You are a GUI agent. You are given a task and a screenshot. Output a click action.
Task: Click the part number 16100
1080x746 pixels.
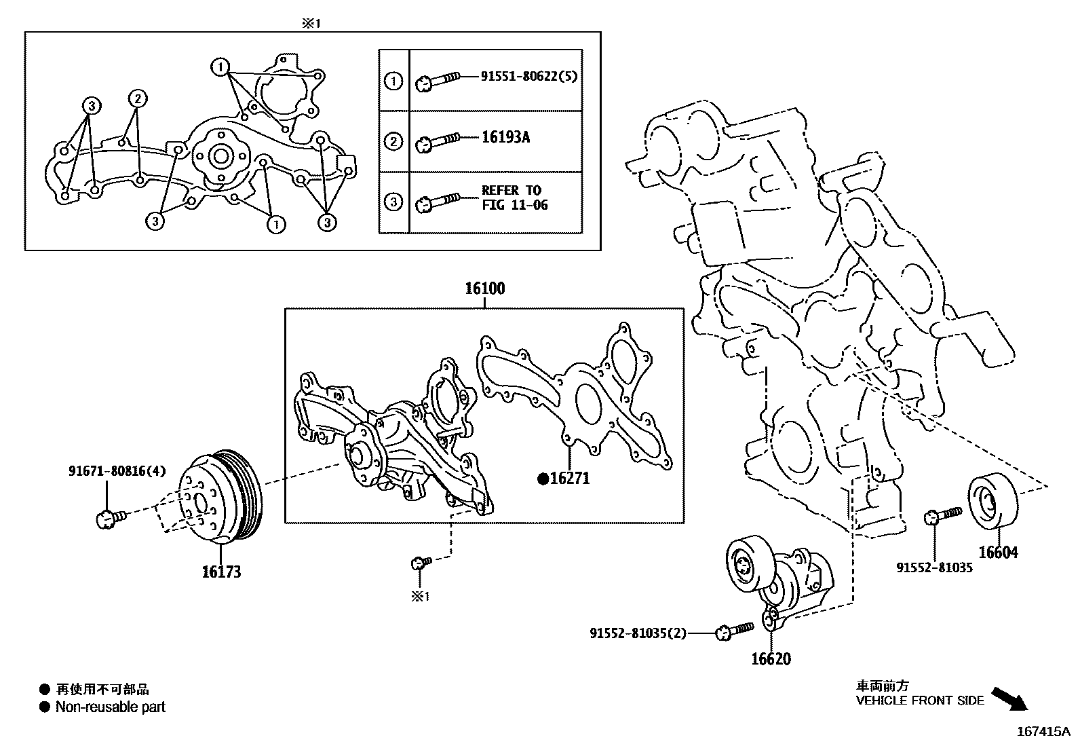click(x=484, y=289)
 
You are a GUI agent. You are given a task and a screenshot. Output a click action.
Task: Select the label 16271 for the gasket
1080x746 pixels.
click(x=569, y=479)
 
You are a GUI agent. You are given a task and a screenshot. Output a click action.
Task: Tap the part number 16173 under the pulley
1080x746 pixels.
click(x=221, y=572)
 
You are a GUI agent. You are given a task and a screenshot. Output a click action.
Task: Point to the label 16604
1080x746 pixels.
click(x=999, y=553)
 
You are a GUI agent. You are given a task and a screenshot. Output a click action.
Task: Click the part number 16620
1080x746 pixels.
click(x=771, y=659)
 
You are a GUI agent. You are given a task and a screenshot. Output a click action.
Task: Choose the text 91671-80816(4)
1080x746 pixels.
click(x=117, y=470)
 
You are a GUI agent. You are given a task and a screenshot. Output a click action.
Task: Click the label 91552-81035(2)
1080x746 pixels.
click(x=638, y=633)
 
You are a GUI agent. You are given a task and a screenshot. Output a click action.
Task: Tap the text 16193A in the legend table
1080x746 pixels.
click(x=505, y=137)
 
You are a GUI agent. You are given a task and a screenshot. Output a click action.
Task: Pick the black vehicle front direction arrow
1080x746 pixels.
click(x=1009, y=698)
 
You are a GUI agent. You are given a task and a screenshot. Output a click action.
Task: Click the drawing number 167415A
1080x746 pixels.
click(x=1042, y=732)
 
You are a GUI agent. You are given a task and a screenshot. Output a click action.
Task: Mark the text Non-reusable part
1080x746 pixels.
click(x=110, y=707)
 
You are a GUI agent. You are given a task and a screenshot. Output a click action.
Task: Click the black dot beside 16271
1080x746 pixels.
click(x=543, y=479)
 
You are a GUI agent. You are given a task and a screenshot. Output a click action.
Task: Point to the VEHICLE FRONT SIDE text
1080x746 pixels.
click(x=919, y=701)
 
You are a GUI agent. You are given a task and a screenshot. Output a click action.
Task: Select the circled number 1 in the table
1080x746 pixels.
click(x=393, y=81)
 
